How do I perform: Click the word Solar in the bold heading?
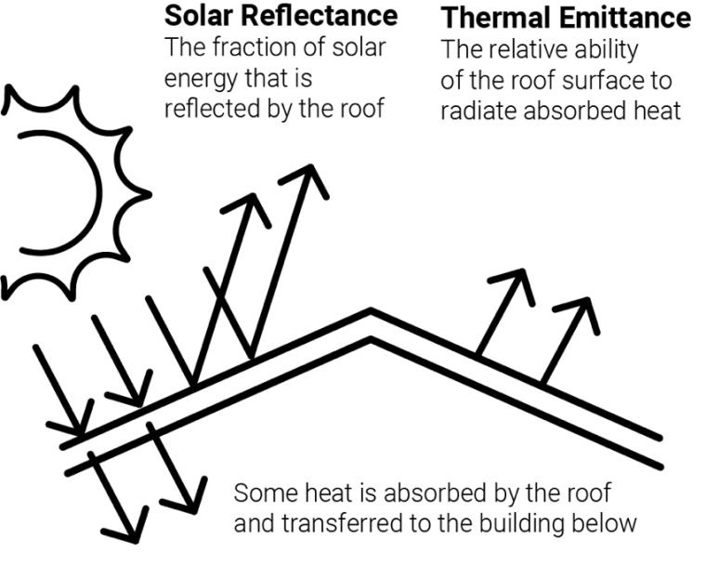[200, 16]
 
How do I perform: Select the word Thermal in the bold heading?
[496, 18]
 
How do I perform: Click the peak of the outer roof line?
[371, 310]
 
